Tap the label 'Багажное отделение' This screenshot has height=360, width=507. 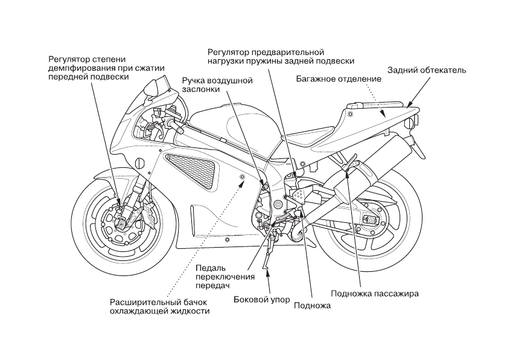click(x=339, y=79)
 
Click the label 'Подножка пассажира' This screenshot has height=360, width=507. click(x=375, y=294)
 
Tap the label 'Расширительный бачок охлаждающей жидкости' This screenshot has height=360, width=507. click(x=159, y=306)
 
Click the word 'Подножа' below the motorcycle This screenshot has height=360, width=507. click(x=312, y=306)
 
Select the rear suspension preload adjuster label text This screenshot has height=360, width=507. click(x=279, y=56)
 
